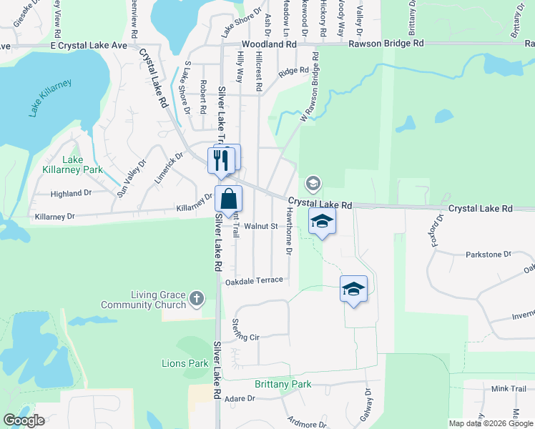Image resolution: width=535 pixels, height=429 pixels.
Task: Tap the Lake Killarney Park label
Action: [82, 164]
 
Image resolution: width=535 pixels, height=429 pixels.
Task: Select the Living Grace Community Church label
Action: [158, 300]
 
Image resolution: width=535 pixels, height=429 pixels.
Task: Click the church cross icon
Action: [197, 300]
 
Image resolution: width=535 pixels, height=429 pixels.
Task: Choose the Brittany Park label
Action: [283, 384]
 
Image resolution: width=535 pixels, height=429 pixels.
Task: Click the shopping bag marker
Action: [228, 199]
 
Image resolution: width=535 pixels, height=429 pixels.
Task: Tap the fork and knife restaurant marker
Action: [221, 159]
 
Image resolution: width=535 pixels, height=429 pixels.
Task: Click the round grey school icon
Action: [313, 184]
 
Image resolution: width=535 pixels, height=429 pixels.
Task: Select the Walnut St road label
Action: [260, 226]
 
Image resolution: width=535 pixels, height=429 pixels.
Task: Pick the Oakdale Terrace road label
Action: [255, 282]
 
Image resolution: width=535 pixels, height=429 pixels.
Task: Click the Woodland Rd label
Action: [268, 44]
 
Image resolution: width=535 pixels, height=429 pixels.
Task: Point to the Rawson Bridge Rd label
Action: [386, 44]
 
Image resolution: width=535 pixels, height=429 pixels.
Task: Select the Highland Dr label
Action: [72, 193]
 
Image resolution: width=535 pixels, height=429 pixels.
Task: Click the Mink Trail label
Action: [509, 388]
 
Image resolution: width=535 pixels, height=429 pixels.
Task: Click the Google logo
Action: [24, 420]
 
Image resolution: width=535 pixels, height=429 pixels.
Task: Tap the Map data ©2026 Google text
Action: [490, 423]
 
